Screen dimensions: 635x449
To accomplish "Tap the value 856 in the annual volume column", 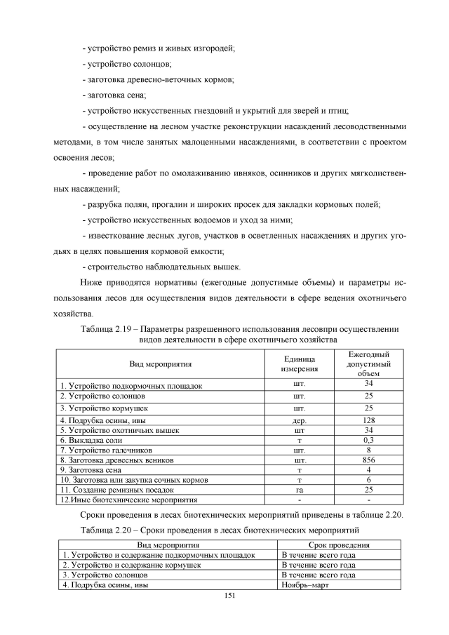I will point(368,460).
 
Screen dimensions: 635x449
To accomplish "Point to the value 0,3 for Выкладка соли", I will point(368,440).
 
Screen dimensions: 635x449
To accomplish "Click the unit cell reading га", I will point(300,489).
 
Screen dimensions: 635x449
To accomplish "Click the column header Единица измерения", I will point(300,363).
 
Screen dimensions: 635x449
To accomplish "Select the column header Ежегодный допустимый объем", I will point(368,363).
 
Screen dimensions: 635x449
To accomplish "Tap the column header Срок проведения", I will point(339,544).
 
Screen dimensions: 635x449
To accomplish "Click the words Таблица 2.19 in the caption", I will point(106,328).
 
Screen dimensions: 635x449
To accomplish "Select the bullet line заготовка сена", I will point(114,95).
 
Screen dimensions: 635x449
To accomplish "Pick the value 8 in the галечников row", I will point(368,450).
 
